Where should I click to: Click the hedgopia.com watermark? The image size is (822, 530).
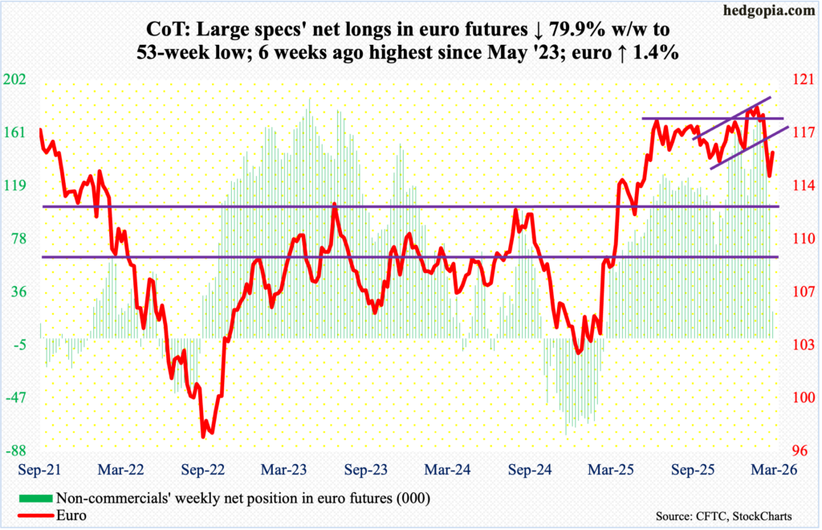coord(771,11)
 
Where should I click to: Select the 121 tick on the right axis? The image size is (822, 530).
coord(804,79)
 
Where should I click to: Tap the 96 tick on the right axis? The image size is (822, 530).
coord(804,450)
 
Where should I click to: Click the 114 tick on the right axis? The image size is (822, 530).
coord(804,185)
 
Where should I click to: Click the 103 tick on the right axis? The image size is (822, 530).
coord(804,344)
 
